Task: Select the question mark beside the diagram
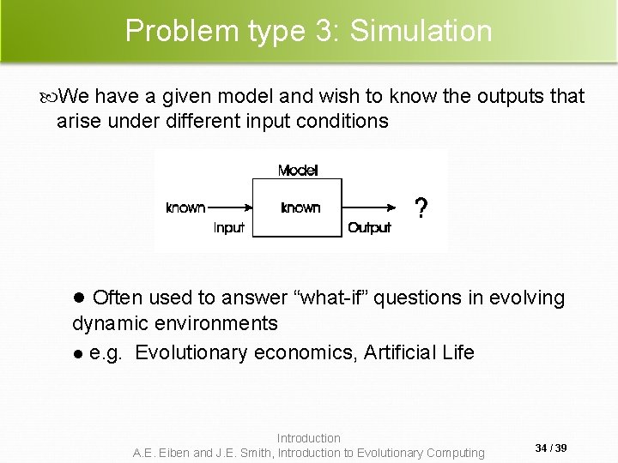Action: (x=421, y=208)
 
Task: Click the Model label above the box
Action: (x=298, y=171)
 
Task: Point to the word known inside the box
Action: (x=300, y=207)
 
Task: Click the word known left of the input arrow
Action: (x=185, y=207)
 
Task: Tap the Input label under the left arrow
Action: (x=229, y=228)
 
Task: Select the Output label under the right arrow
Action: (x=369, y=228)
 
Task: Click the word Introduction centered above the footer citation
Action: (x=309, y=438)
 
